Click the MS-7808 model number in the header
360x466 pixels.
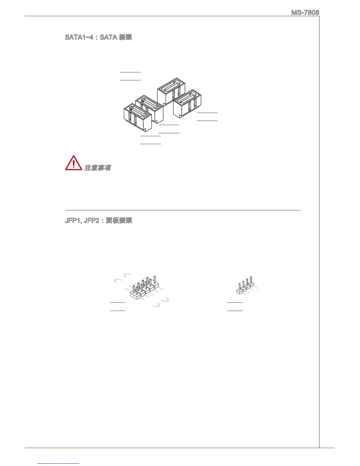pyautogui.click(x=305, y=13)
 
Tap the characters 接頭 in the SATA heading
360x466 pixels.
pyautogui.click(x=125, y=37)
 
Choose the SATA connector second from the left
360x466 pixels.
pyautogui.click(x=149, y=107)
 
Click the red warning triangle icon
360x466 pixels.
pyautogui.click(x=74, y=163)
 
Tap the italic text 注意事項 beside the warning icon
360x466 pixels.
pyautogui.click(x=98, y=168)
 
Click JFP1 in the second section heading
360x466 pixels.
pyautogui.click(x=72, y=220)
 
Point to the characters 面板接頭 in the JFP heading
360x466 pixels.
pyautogui.click(x=119, y=220)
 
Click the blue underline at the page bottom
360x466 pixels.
pyautogui.click(x=58, y=463)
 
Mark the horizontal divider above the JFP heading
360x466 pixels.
pyautogui.click(x=182, y=210)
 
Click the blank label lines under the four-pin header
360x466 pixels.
pyautogui.click(x=235, y=306)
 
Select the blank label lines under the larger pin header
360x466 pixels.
pyautogui.click(x=118, y=306)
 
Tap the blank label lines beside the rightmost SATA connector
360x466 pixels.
pyautogui.click(x=207, y=116)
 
